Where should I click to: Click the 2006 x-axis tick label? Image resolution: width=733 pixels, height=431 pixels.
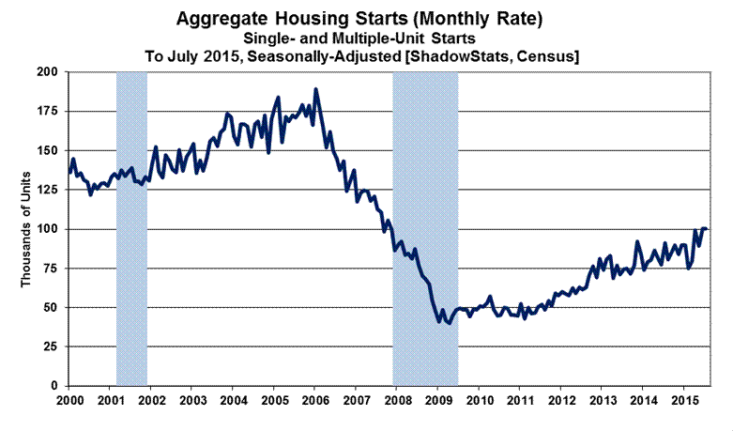pyautogui.click(x=314, y=400)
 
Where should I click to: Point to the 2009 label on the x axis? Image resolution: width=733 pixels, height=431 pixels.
pyautogui.click(x=437, y=400)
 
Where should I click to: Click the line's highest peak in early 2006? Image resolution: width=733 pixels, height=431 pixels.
pyautogui.click(x=315, y=89)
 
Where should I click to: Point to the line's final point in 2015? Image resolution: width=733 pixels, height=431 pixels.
pyautogui.click(x=707, y=229)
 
